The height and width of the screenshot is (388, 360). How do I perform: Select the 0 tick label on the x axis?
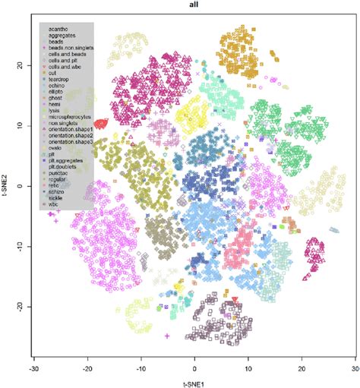194,365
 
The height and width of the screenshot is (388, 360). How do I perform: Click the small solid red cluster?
101,124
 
